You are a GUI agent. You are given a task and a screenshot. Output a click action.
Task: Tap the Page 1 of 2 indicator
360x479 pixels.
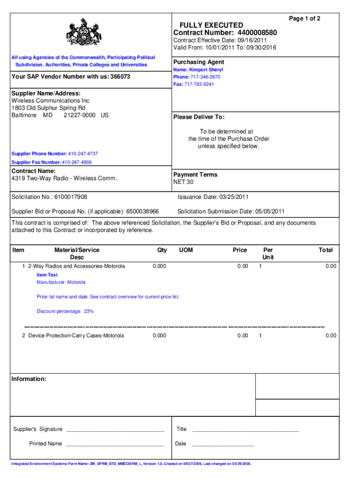point(304,18)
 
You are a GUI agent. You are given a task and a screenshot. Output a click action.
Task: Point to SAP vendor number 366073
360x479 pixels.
point(120,76)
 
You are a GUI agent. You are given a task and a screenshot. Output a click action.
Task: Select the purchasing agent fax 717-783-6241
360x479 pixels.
point(202,84)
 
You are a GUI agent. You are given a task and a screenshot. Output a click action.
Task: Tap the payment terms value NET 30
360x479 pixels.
point(183,182)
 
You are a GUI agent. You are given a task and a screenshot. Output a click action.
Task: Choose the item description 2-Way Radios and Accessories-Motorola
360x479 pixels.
point(76,266)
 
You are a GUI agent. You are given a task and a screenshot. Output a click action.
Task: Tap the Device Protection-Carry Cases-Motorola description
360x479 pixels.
point(76,335)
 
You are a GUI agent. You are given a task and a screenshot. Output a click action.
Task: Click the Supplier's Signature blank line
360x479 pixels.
point(115,430)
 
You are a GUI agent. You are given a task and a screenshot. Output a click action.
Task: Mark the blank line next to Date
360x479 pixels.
point(223,444)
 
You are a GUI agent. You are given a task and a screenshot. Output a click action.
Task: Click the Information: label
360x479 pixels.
point(29,379)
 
